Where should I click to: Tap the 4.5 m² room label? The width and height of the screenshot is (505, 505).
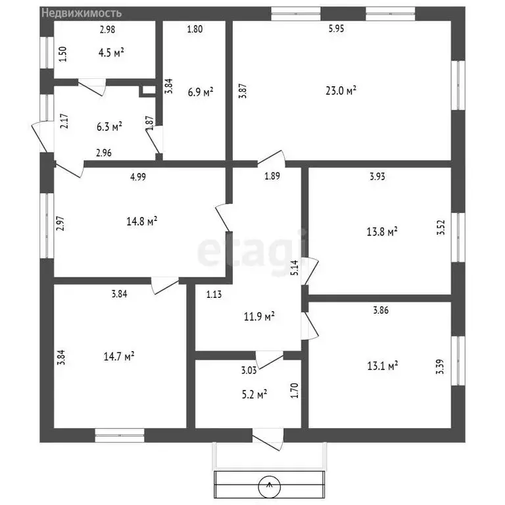pos(112,53)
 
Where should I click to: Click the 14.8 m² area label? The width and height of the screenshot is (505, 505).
pos(142,222)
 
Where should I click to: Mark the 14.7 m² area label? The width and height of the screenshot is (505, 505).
pos(119,356)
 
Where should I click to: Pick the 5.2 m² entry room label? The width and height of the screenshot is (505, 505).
pos(253,395)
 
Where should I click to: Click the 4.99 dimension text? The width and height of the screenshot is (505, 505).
pos(137,176)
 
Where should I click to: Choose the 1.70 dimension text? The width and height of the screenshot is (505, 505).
pos(295,392)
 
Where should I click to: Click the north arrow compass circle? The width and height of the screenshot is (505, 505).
pos(270,487)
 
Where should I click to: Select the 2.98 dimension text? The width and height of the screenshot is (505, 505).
pos(108,29)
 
